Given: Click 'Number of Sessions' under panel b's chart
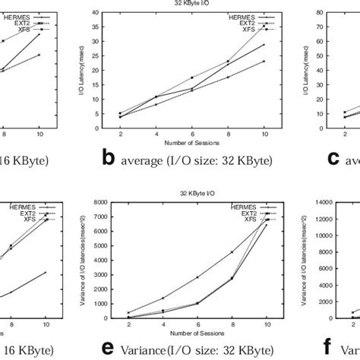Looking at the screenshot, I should click(x=192, y=142).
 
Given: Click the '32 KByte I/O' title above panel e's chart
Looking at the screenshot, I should click(x=192, y=194).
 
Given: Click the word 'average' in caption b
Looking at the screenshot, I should click(x=147, y=159).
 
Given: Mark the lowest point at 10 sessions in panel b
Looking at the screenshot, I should click(x=264, y=61).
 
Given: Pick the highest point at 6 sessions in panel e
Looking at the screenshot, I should click(x=192, y=277).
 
